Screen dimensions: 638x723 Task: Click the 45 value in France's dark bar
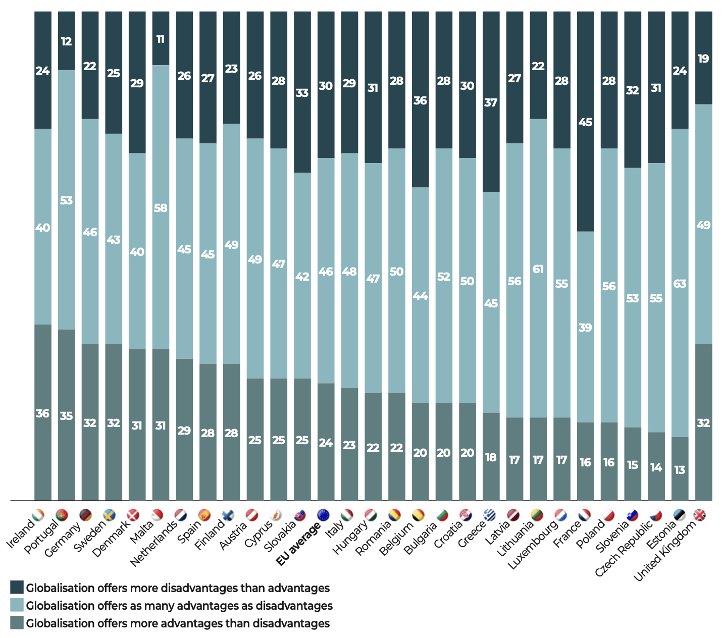(585, 122)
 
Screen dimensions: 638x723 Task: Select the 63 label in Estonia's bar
(680, 284)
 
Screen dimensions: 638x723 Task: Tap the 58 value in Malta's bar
(161, 208)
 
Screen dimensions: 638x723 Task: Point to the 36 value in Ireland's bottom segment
(43, 413)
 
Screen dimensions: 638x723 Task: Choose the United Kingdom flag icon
(700, 515)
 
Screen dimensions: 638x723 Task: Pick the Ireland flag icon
(38, 515)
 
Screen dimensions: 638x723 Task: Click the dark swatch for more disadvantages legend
(17, 588)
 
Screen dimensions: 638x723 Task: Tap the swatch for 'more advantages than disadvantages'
(17, 623)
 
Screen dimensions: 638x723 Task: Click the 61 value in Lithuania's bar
(538, 269)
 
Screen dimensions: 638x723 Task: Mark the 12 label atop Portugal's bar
(67, 41)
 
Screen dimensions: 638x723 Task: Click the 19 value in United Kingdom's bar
(703, 59)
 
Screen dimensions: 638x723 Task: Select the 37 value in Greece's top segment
(491, 102)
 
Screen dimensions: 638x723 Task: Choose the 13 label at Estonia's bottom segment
(680, 470)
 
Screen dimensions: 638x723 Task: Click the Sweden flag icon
(109, 515)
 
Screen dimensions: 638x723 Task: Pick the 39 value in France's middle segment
(585, 328)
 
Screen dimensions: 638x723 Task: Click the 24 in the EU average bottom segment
(326, 443)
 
